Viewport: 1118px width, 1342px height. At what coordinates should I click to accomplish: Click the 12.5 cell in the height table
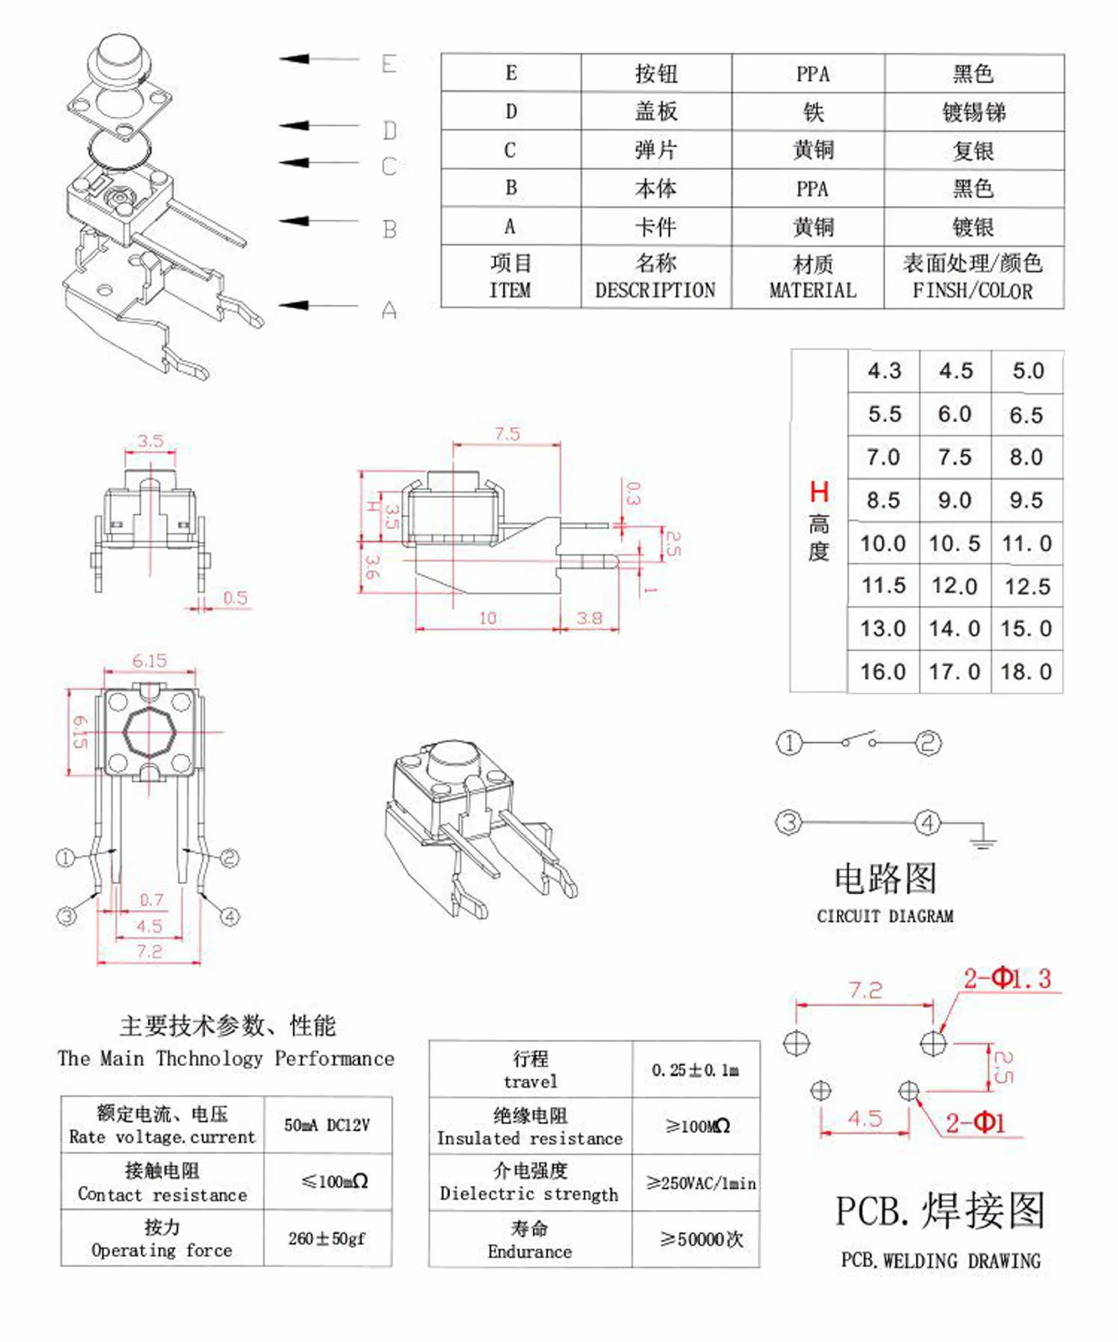pos(1026,586)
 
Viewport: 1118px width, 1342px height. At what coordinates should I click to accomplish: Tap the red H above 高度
pos(819,492)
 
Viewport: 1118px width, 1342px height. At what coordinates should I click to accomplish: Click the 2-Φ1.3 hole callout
pos(1007,978)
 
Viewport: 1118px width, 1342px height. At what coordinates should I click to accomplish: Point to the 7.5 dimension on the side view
pos(507,433)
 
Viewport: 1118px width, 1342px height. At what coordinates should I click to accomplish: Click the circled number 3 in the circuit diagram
pos(789,822)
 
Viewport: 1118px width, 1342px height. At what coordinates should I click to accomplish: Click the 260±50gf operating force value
pos(327,1239)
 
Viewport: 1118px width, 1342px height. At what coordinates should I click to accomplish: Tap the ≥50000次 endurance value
pos(701,1239)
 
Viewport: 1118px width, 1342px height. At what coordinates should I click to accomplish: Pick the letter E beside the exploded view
pos(389,64)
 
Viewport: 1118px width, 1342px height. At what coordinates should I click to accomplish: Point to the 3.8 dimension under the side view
pos(589,618)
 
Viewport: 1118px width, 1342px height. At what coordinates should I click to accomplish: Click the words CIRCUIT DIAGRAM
pos(885,916)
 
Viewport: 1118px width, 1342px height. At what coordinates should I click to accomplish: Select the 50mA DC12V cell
pos(327,1125)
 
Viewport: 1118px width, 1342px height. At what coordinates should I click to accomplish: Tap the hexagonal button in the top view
pos(150,732)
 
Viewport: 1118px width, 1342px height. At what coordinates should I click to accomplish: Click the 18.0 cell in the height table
pos(1026,672)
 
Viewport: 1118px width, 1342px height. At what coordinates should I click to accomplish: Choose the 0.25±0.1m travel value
pos(695,1069)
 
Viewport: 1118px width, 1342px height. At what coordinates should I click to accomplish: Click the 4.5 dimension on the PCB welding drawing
pos(865,1119)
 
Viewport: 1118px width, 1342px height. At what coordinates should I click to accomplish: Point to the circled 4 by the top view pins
pos(230,916)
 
